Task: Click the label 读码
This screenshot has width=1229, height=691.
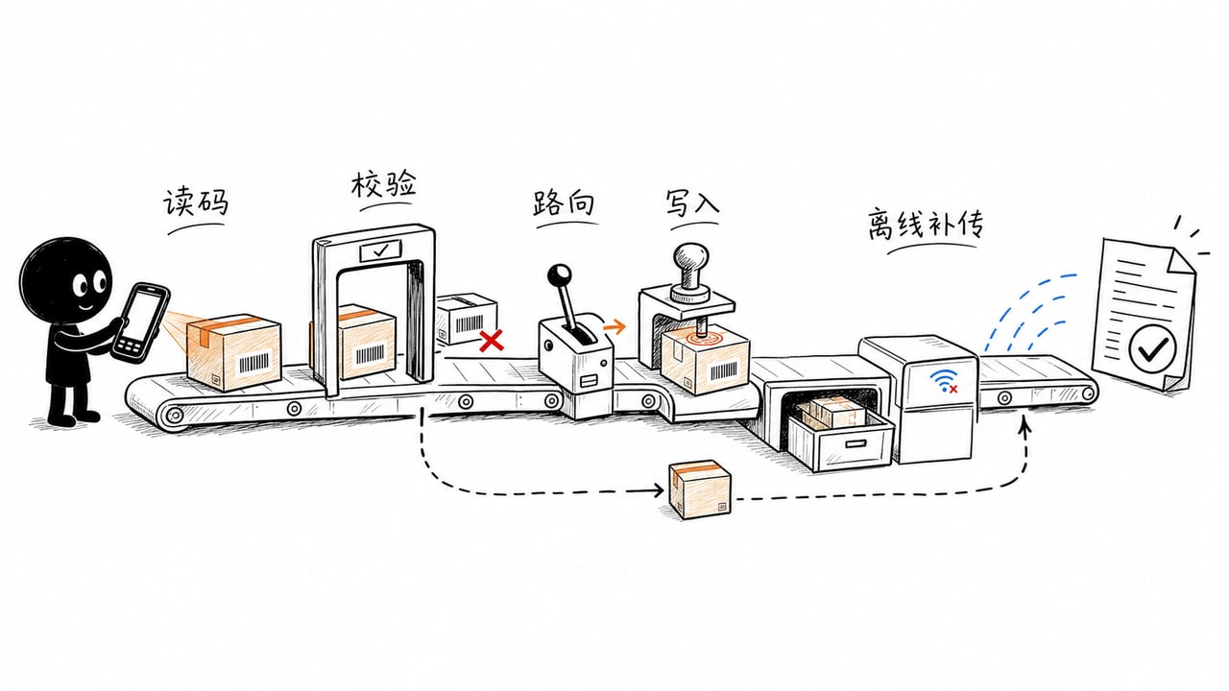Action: (x=196, y=203)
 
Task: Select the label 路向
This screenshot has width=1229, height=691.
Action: (x=564, y=203)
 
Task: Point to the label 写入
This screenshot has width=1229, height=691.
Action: (x=692, y=203)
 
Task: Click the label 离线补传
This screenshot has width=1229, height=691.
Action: (x=926, y=224)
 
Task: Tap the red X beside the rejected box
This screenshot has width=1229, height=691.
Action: (x=492, y=341)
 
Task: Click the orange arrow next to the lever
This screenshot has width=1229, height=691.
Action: (x=614, y=327)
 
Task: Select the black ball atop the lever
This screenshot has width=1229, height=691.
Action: (x=559, y=274)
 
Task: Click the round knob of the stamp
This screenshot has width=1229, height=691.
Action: (x=691, y=259)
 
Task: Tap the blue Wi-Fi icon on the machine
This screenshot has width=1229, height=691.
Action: (x=944, y=380)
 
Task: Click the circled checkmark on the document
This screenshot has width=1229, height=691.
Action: (x=1153, y=348)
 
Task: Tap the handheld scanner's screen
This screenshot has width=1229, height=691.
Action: (x=143, y=317)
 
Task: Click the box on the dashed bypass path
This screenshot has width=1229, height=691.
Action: (x=700, y=489)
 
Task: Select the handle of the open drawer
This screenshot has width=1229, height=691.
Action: (x=855, y=443)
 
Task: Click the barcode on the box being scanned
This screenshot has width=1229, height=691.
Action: (x=254, y=363)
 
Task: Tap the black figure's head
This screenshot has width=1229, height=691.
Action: (x=66, y=282)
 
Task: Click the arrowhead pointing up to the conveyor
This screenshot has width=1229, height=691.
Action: (x=1024, y=424)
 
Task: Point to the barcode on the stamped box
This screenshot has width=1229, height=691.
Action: (x=724, y=371)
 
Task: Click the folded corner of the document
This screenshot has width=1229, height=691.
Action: (x=1182, y=263)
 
